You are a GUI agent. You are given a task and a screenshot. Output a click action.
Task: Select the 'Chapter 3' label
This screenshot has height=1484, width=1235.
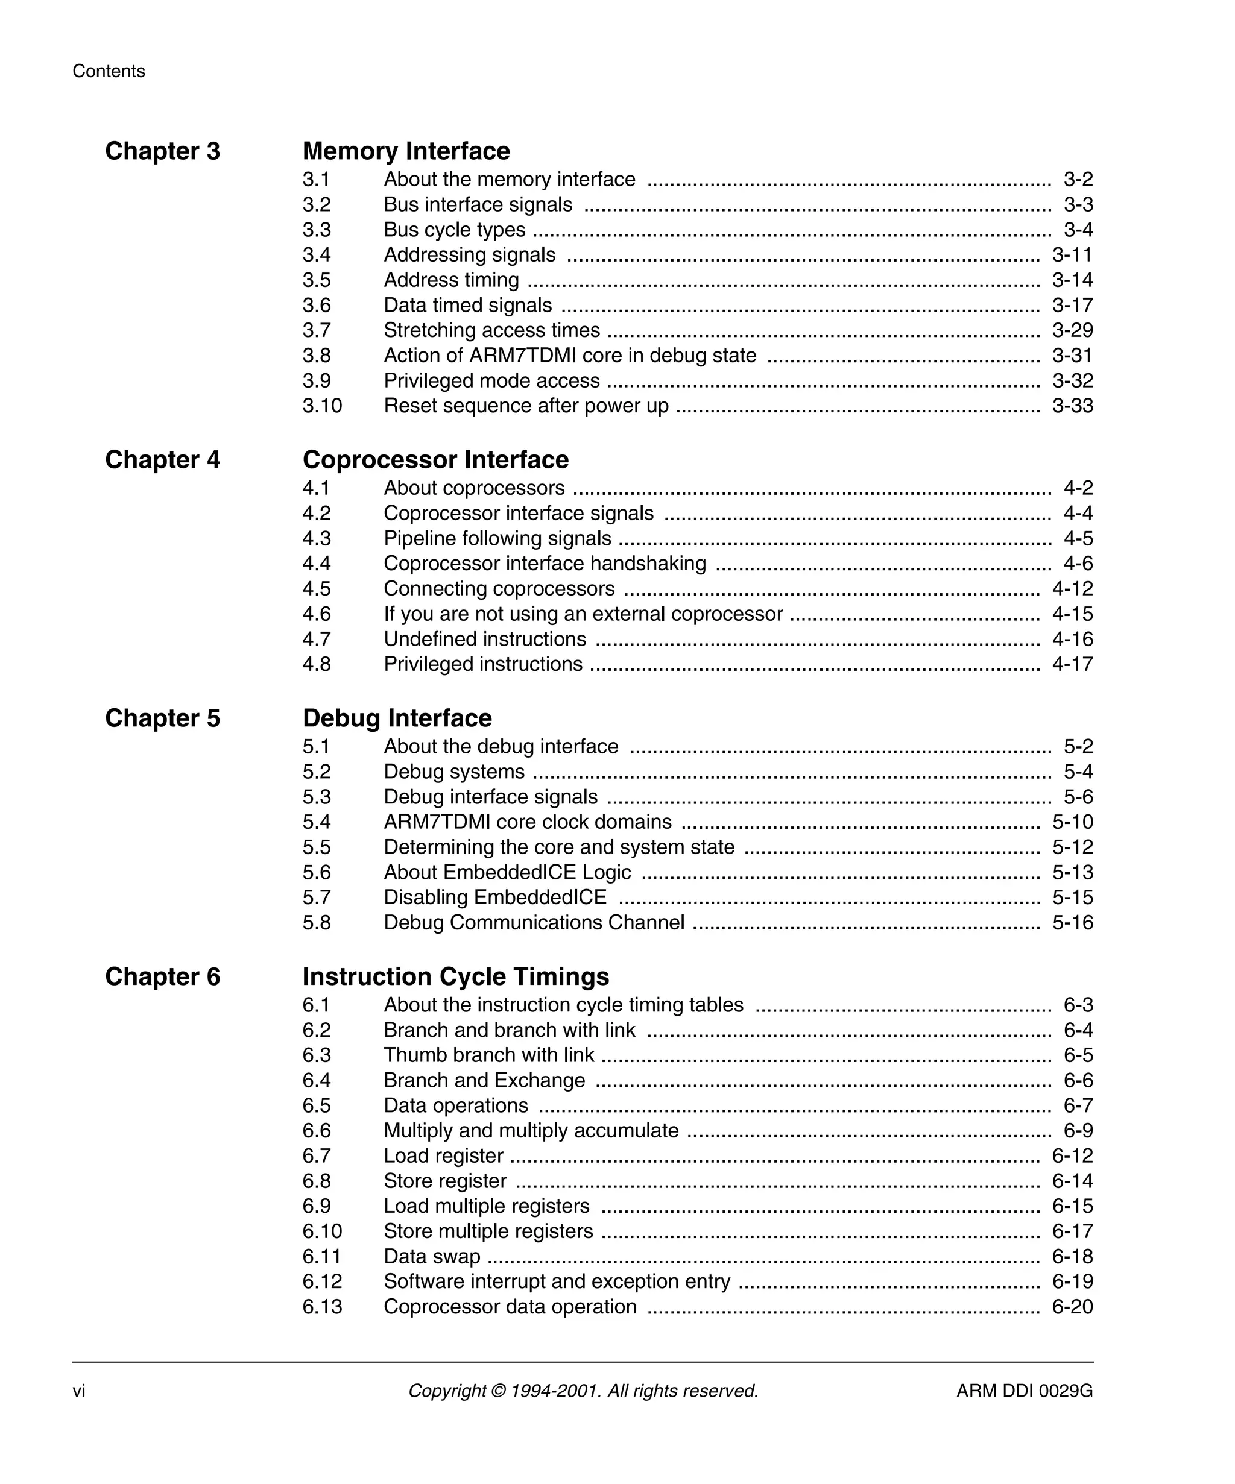[x=163, y=151]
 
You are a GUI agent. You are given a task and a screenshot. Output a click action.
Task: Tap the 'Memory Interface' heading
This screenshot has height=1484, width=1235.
[x=406, y=151]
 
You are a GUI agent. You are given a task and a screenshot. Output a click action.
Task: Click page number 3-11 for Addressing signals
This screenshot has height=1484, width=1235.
[x=1072, y=255]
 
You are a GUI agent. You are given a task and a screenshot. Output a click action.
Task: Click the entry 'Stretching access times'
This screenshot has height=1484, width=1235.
[x=491, y=331]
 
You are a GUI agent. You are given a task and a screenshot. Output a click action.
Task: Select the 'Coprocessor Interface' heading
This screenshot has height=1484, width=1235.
[x=435, y=460]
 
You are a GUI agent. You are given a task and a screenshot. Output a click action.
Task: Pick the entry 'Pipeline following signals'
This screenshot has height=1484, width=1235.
[x=497, y=538]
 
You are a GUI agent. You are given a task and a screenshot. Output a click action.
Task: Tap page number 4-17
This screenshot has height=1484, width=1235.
[x=1072, y=664]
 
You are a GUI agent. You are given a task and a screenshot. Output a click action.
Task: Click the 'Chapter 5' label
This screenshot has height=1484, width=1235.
[x=163, y=718]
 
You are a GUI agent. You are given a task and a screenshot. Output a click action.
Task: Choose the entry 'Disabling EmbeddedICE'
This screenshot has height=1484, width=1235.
[x=495, y=898]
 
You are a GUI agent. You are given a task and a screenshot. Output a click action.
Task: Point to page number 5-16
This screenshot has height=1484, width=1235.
[x=1072, y=923]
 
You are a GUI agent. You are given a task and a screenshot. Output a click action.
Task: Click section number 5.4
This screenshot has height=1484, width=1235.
[x=316, y=822]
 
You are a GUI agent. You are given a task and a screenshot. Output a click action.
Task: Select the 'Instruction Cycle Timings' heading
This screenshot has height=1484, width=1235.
[x=455, y=976]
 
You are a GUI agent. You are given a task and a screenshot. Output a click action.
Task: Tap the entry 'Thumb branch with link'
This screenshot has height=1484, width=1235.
[x=488, y=1055]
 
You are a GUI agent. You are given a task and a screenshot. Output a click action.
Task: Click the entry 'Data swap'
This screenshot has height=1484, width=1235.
[x=431, y=1256]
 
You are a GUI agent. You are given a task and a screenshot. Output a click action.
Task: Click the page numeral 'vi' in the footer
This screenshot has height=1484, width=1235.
[x=78, y=1391]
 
